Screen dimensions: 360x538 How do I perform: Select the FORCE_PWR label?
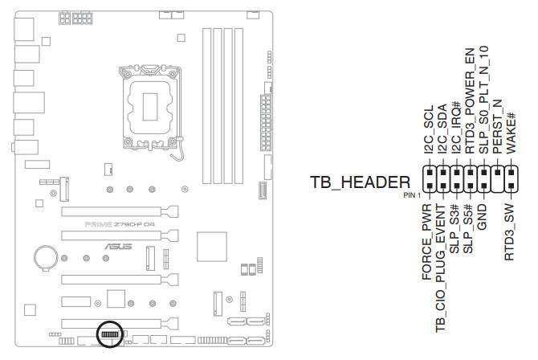[x=428, y=245]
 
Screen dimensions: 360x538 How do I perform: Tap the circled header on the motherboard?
[x=110, y=333]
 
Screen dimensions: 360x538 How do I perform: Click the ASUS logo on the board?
[x=114, y=245]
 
